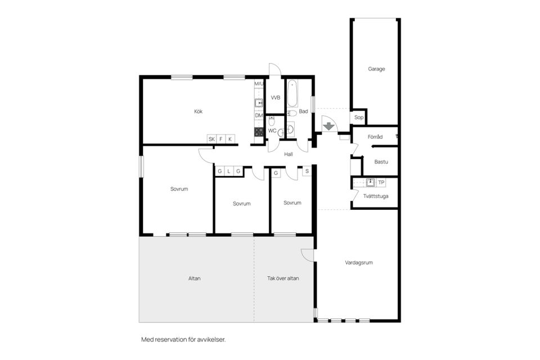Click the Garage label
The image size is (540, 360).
pyautogui.click(x=376, y=69)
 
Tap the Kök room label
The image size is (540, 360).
pyautogui.click(x=198, y=111)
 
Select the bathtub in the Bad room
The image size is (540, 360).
pyautogui.click(x=292, y=94)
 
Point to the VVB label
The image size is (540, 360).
pyautogui.click(x=275, y=97)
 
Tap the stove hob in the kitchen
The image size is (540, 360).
pyautogui.click(x=259, y=132)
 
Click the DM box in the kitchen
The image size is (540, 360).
pyautogui.click(x=259, y=115)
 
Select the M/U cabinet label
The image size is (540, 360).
pyautogui.click(x=259, y=84)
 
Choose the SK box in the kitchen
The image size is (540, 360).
pyautogui.click(x=211, y=139)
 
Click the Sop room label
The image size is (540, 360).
pyautogui.click(x=358, y=118)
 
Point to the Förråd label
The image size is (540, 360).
pyautogui.click(x=375, y=137)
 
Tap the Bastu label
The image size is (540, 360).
pyautogui.click(x=381, y=162)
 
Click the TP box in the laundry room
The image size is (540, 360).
pyautogui.click(x=381, y=182)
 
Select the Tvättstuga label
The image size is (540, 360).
pyautogui.click(x=376, y=196)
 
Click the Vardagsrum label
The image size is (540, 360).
pyautogui.click(x=359, y=263)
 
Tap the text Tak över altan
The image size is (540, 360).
pyautogui.click(x=283, y=278)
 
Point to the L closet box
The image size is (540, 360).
pyautogui.click(x=229, y=171)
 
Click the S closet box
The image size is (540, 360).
pyautogui.click(x=307, y=171)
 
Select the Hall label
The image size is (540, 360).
pyautogui.click(x=289, y=154)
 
